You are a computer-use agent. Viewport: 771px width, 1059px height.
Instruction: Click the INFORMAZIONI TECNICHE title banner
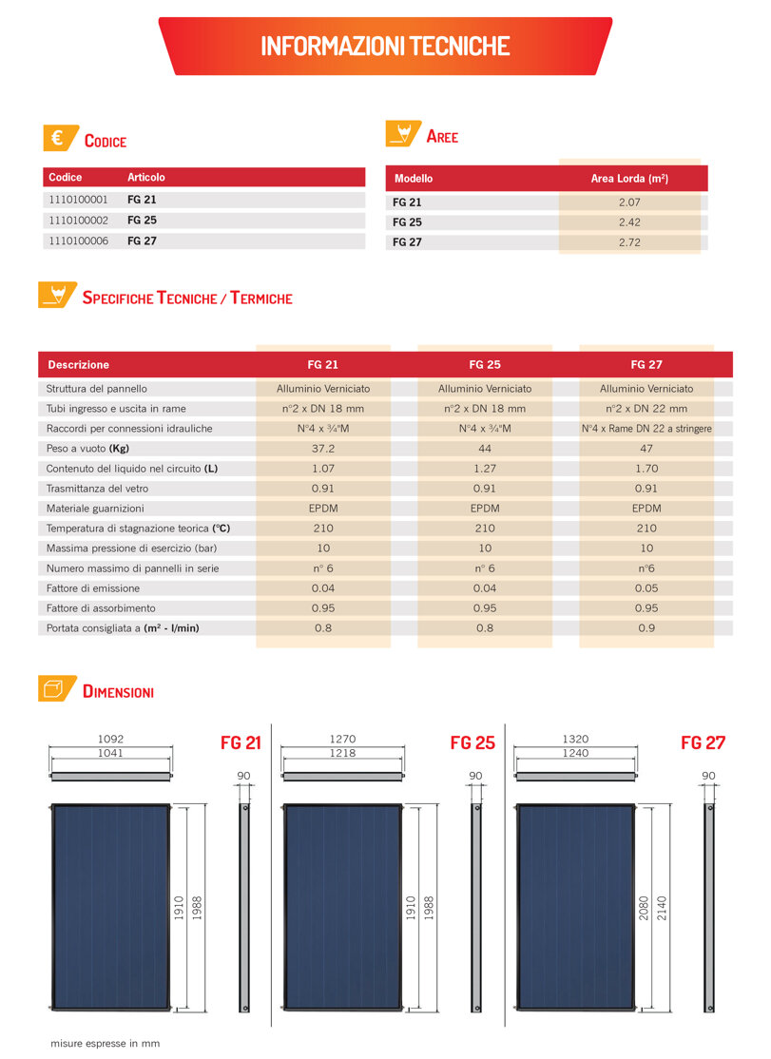coord(385,46)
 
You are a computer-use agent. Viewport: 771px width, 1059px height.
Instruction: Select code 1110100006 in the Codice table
coord(78,241)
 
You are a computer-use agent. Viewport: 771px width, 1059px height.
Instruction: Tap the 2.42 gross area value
coord(629,222)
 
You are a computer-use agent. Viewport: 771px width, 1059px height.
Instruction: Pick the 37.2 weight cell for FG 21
coord(323,449)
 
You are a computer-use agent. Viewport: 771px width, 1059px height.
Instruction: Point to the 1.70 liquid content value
coord(646,469)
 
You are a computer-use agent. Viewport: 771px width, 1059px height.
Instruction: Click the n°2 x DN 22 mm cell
coord(646,409)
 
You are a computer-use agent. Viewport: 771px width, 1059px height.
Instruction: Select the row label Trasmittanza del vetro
coord(97,489)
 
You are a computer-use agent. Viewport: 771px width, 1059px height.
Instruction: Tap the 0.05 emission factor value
coord(646,588)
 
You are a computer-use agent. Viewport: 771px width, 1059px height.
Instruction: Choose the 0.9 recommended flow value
coord(646,628)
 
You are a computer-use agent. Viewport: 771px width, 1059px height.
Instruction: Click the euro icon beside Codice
coord(57,139)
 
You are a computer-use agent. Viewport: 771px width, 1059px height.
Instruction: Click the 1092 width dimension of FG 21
coord(111,739)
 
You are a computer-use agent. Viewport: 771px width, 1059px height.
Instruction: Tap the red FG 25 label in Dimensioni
coord(472,743)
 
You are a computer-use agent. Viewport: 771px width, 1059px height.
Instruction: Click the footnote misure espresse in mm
coord(106,1043)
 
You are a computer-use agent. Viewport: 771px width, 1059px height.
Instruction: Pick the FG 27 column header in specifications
coord(646,364)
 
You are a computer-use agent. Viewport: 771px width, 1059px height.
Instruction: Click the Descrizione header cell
coord(78,364)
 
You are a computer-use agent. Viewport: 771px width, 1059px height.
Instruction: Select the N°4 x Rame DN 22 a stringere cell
coord(646,429)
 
